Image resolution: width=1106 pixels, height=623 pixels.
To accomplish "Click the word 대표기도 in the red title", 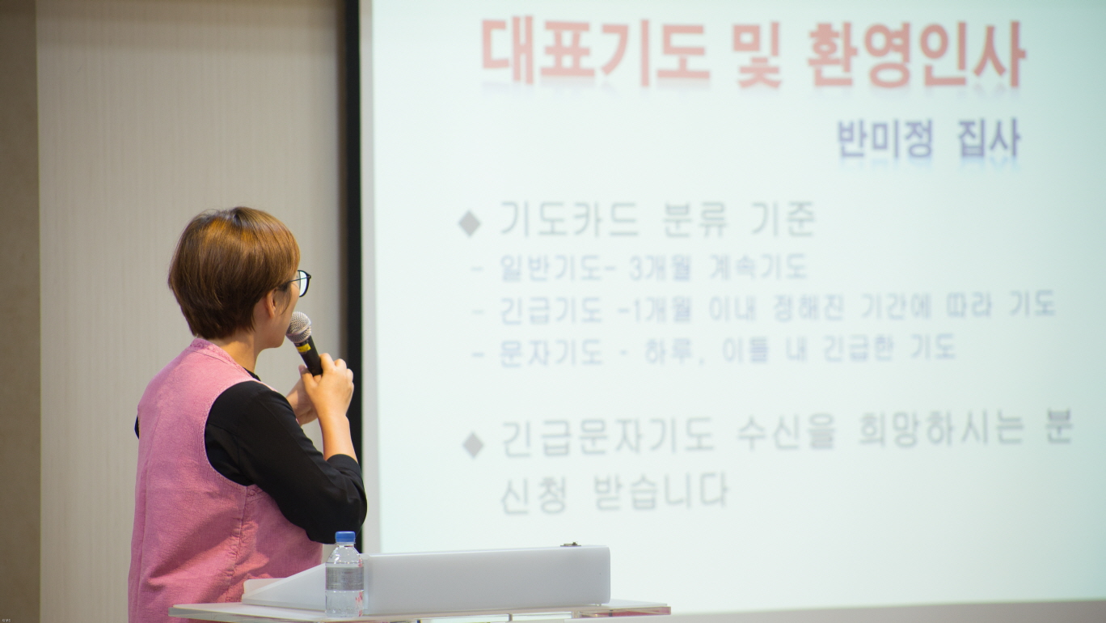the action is click(596, 52).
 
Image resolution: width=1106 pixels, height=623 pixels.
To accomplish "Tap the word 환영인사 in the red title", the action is click(918, 53).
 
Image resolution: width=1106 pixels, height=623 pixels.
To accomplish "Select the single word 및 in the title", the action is click(757, 53).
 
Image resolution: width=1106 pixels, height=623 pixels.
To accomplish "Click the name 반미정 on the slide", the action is click(885, 139).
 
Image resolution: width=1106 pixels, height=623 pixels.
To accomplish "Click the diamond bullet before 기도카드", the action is click(470, 223).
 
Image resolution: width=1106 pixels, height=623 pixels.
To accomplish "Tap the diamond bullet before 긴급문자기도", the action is click(473, 445).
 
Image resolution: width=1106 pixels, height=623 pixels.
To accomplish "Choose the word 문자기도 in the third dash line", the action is click(551, 352).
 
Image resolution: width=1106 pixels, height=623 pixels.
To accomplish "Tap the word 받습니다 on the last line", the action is click(661, 492).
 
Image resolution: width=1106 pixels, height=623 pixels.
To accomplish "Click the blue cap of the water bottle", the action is click(344, 537).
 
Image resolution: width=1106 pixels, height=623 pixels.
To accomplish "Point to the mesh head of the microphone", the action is click(298, 327).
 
